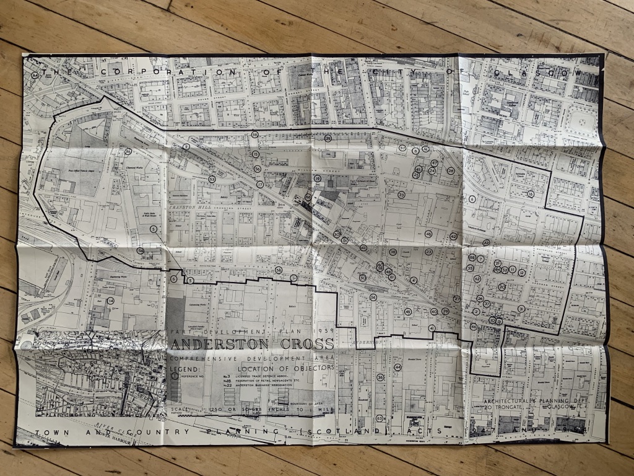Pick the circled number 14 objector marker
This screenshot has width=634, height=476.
coord(111,301)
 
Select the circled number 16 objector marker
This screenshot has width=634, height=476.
coord(531,194)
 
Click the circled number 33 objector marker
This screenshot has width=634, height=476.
coord(401,195)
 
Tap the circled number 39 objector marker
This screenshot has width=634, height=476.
coord(254,134)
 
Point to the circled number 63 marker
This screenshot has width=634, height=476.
coord(380,419)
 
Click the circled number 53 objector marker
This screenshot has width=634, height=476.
coord(212,179)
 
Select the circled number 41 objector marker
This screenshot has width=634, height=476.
coord(432,328)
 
